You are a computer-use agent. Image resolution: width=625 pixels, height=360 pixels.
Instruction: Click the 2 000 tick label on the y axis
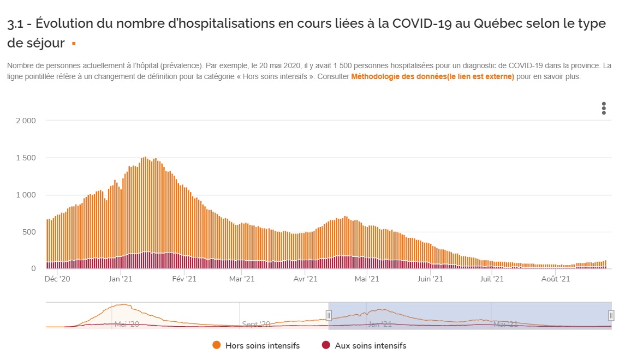[26, 121]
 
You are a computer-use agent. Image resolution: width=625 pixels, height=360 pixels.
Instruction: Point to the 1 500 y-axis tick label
[26, 158]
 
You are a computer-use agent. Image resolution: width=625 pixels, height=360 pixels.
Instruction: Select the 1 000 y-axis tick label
[26, 195]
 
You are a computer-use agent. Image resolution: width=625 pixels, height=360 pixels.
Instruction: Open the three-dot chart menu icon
[604, 108]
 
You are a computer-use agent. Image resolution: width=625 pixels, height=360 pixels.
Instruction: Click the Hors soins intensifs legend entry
[263, 345]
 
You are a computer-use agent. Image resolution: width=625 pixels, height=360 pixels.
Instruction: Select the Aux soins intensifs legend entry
[371, 345]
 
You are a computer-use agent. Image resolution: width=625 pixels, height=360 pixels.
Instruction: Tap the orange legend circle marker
[217, 345]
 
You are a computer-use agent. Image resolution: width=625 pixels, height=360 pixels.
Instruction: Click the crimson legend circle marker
[326, 345]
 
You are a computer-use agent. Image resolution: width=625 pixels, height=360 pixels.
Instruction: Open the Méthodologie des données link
[432, 77]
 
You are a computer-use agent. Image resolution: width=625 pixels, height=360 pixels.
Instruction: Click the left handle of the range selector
[329, 315]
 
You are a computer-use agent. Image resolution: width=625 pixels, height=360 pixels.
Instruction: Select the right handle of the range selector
[611, 315]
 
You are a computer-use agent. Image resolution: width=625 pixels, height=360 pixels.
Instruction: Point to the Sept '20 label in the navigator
[256, 324]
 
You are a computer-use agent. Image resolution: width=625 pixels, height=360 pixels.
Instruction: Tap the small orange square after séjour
[74, 43]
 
